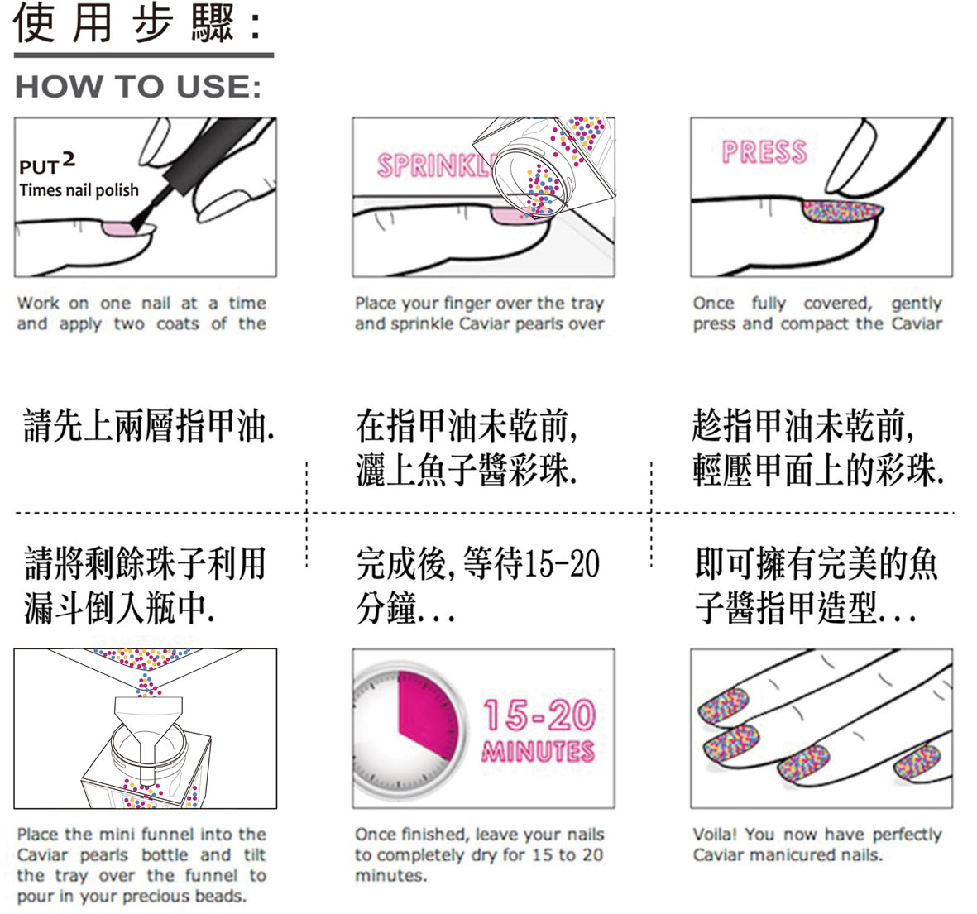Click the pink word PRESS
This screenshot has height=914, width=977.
coord(764,152)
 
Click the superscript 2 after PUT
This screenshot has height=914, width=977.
coord(69,160)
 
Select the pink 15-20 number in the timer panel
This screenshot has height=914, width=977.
coord(539,715)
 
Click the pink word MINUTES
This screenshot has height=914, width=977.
coord(539,750)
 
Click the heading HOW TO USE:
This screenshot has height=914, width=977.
coord(137,87)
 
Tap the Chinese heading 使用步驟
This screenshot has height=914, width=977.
coord(125,24)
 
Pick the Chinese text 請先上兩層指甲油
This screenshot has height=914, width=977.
coord(148,425)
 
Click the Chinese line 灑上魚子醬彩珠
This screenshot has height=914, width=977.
coord(467,469)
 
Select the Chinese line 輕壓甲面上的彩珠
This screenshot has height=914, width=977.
coord(818,469)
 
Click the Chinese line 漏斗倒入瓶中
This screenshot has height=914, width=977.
coord(119,607)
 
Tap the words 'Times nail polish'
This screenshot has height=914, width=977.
coord(79,190)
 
